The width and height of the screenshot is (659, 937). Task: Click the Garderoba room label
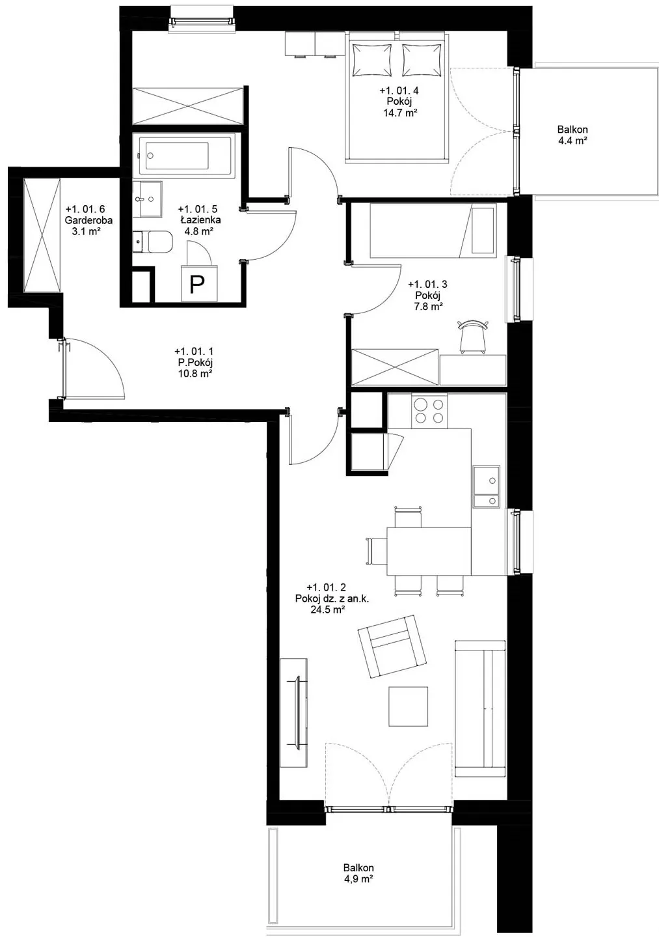(x=88, y=220)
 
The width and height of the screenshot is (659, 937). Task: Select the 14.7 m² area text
(x=400, y=112)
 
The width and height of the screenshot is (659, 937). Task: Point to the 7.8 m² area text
(x=427, y=306)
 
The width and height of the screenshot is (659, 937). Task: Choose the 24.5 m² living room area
(x=327, y=609)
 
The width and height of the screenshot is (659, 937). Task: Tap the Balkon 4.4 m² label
(x=572, y=135)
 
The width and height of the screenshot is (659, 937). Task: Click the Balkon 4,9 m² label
(x=358, y=873)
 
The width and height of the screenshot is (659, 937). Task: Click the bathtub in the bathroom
(x=182, y=156)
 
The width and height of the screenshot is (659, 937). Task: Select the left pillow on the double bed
(x=372, y=60)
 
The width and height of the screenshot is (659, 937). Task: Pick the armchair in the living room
(x=392, y=647)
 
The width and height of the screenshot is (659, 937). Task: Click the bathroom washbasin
(x=147, y=199)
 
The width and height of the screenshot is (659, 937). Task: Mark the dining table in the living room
(x=429, y=552)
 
